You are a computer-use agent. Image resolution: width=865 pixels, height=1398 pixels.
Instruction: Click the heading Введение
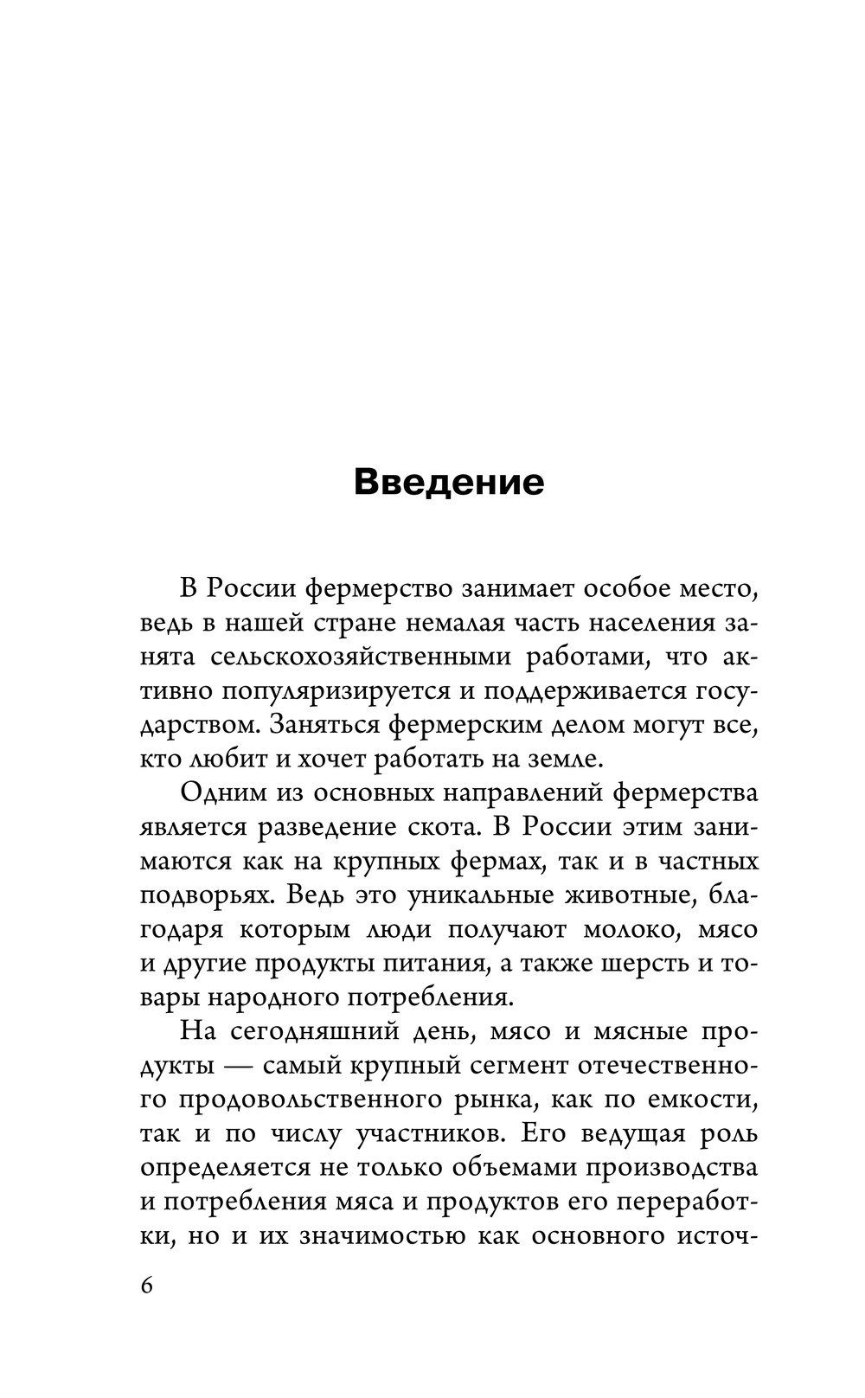(449, 482)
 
